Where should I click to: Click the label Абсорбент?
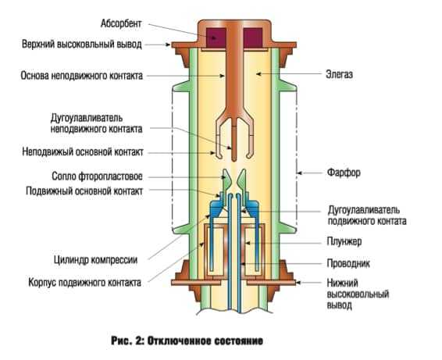coord(121,23)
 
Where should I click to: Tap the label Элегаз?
coord(340,74)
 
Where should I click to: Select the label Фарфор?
coord(344,173)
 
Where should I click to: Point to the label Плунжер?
coord(344,241)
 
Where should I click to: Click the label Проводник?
coord(348,264)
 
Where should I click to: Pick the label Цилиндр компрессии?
coord(95,259)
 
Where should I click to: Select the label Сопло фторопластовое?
coord(98,176)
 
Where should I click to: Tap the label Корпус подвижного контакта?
coord(84,282)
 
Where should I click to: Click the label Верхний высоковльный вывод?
coord(82,45)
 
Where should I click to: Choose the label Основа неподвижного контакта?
coord(82,76)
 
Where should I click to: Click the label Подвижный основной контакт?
coord(84,191)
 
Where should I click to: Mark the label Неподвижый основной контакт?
coord(83,152)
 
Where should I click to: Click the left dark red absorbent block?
coord(216,37)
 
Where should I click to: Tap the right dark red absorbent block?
coord(253,37)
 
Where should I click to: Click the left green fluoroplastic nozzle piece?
coord(226,181)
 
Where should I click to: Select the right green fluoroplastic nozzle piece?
coord(241,181)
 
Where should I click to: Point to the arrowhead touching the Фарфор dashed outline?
coord(300,173)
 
